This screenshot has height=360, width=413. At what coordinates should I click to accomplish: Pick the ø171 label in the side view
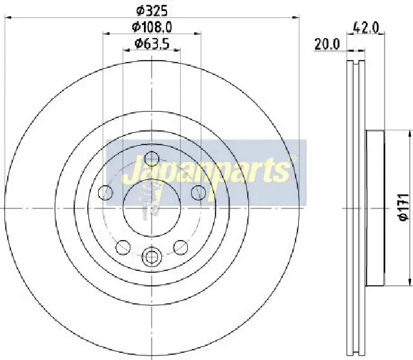[402, 208]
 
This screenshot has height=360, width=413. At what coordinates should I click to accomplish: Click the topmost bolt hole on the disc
[152, 157]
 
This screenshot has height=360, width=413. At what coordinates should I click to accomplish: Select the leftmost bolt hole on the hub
[105, 192]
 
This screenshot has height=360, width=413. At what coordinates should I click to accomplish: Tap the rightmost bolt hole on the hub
[199, 192]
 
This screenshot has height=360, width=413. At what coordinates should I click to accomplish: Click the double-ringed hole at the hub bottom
[152, 257]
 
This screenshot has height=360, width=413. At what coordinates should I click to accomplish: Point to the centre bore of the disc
[152, 206]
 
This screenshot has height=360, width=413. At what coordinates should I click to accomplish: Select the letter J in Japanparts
[128, 172]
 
